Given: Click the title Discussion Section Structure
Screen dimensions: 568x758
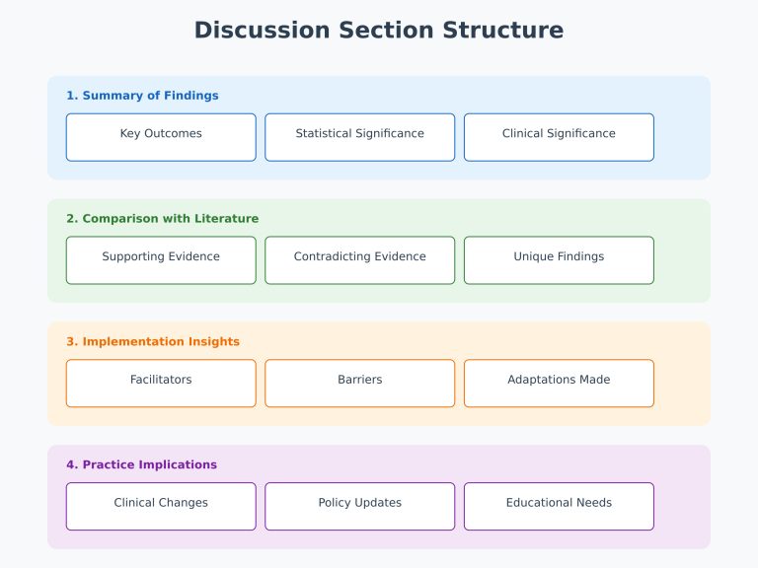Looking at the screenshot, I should [379, 31].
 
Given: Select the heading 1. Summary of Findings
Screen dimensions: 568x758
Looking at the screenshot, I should [142, 96].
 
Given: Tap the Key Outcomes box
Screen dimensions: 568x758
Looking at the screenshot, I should [161, 137].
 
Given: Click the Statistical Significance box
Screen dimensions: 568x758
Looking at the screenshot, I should [359, 137].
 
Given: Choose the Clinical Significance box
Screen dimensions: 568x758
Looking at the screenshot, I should [559, 137].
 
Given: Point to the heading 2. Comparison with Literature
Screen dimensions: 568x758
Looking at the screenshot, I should [162, 219].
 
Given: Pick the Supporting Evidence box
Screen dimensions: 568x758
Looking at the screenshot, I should [161, 260].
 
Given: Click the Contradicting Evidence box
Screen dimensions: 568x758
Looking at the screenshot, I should [359, 260].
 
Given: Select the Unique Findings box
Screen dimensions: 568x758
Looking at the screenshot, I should [559, 260].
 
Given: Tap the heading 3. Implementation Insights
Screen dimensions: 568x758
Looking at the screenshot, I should [152, 342].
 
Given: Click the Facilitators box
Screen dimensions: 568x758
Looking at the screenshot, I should [161, 383].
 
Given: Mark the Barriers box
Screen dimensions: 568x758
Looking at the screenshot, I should [359, 383].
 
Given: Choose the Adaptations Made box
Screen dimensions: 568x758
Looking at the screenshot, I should [559, 383].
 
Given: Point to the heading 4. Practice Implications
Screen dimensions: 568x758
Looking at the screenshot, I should [141, 464].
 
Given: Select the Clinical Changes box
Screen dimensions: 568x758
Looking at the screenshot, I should [161, 506].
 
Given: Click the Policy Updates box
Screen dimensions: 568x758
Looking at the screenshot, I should [359, 506].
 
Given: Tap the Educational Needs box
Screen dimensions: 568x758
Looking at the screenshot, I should [559, 506].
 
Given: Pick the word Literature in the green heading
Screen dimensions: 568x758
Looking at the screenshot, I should [227, 219].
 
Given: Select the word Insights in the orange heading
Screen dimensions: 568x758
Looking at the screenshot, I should [212, 342].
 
